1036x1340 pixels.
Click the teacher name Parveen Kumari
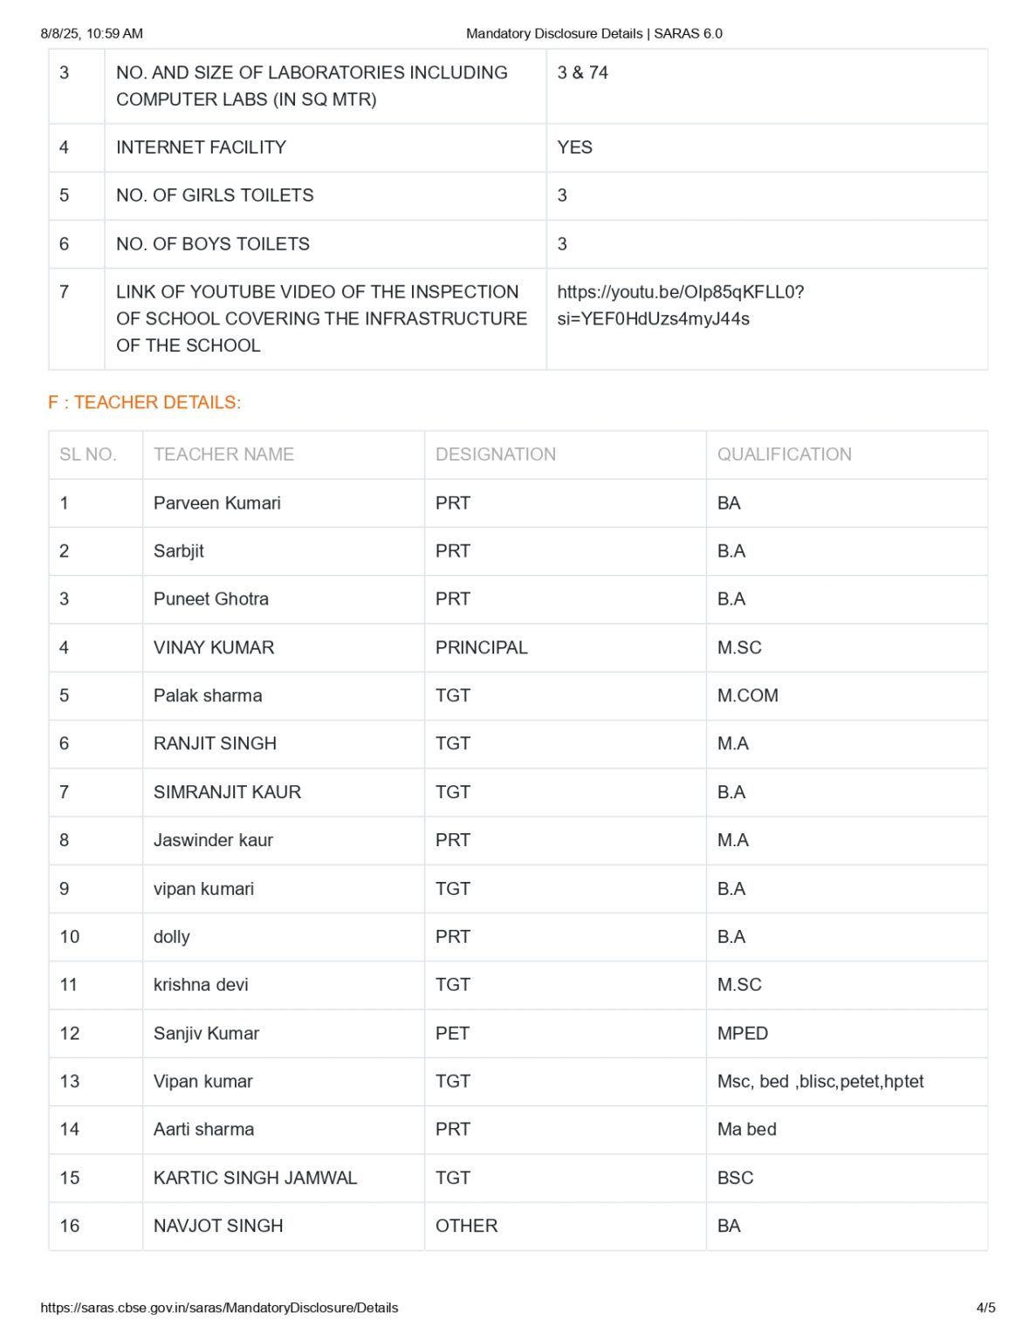coord(216,503)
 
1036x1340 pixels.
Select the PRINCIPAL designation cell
coord(481,647)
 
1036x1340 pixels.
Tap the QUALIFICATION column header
coord(784,455)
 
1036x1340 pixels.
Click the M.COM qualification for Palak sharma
coord(747,695)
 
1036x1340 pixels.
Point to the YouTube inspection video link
coord(680,304)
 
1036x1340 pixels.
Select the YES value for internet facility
coord(574,147)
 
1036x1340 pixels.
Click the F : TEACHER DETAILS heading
coord(144,402)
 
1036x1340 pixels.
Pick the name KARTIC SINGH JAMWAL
coord(255,1178)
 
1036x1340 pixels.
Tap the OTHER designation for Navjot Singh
coord(466,1226)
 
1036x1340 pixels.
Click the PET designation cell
coord(452,1033)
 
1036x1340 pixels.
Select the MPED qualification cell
coord(742,1033)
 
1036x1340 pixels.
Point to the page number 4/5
coord(985,1308)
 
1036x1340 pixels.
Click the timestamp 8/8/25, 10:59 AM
coord(92,33)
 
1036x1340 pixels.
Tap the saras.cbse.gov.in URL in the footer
coord(219,1308)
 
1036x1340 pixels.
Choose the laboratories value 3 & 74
coord(582,72)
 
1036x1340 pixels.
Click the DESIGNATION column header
coord(495,455)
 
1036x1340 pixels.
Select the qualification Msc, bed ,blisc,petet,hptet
coord(820,1082)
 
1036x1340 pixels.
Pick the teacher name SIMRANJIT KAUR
coord(227,792)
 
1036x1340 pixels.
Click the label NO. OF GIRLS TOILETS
coord(215,195)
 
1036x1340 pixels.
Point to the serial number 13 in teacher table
coord(69,1082)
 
